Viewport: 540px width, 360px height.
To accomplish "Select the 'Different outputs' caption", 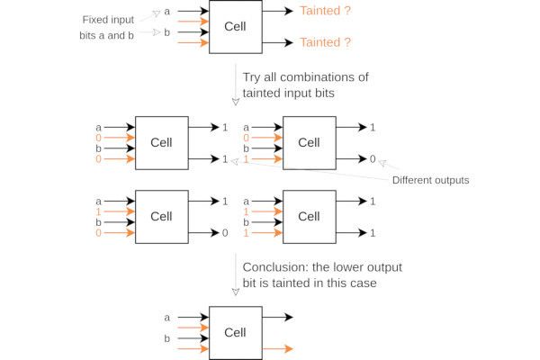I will pos(430,180).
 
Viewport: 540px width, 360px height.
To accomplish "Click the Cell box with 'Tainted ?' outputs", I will pos(235,26).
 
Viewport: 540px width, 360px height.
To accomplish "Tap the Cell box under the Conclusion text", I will pos(235,332).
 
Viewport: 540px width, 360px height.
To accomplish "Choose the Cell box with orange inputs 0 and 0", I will pos(161,142).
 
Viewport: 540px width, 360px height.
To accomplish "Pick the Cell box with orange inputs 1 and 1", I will pos(309,216).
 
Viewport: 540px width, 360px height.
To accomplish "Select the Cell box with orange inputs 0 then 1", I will pos(309,142).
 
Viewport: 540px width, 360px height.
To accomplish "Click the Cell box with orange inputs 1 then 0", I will pos(161,216).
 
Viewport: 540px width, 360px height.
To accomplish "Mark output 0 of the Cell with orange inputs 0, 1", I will pos(373,158).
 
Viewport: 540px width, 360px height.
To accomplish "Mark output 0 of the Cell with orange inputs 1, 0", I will pos(225,232).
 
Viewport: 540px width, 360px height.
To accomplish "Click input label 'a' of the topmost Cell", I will pos(167,12).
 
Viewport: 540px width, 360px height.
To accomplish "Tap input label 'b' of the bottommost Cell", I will pos(167,337).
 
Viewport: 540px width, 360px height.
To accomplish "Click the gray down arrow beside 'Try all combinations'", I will pos(237,85).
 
